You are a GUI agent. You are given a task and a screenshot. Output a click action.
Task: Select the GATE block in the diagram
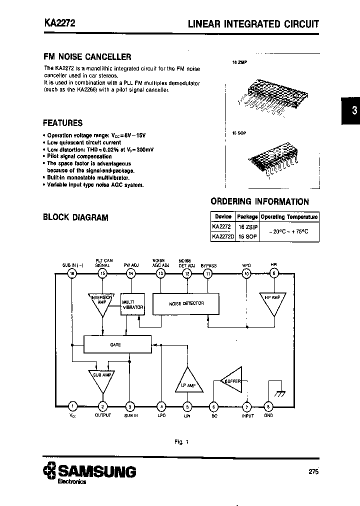point(116,344)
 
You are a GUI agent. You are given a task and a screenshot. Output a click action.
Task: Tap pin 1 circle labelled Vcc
point(72,406)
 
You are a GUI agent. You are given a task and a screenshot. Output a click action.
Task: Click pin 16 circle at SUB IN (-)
point(72,273)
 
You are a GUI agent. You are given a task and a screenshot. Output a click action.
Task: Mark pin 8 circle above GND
point(268,406)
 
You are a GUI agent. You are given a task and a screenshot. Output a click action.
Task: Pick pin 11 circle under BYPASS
point(208,273)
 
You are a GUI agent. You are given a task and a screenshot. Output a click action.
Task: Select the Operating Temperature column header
point(289,217)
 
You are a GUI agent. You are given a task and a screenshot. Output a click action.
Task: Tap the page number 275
point(313,471)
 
